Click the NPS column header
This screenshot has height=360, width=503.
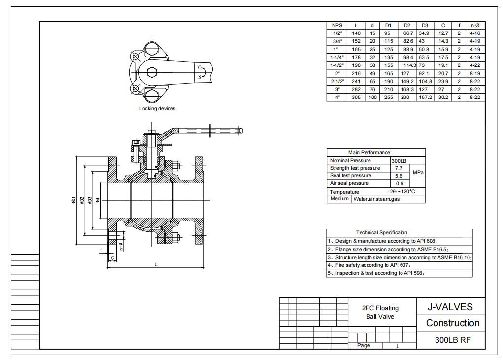tap(336, 25)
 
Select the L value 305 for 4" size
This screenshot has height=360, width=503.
tap(356, 98)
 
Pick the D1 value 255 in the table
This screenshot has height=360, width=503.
tap(388, 98)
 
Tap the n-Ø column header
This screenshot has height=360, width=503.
tap(475, 25)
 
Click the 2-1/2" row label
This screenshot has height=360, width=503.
tap(336, 81)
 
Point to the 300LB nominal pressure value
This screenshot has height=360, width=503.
tap(399, 161)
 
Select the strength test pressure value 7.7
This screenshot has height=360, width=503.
tap(399, 168)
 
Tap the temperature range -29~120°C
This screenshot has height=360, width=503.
tap(401, 191)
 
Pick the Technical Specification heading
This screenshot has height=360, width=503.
tap(382, 232)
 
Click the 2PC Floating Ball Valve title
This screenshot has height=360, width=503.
tap(380, 312)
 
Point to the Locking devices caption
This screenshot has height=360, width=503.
tap(157, 109)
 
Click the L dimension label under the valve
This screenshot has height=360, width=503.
tap(156, 265)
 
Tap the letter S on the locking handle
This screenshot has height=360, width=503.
tap(200, 76)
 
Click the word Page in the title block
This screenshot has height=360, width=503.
tap(364, 345)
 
